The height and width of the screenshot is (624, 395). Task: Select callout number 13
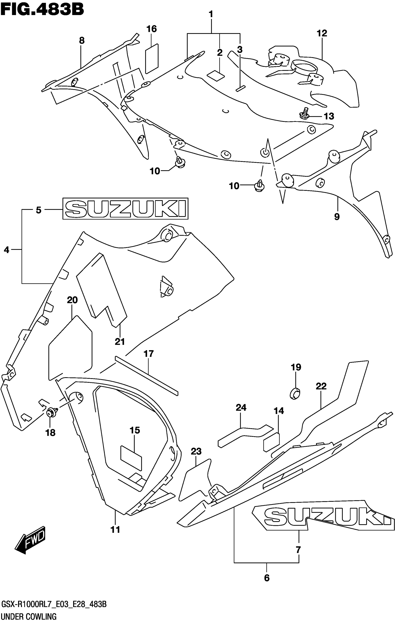(x=329, y=116)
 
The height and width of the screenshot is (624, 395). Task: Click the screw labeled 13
(x=305, y=114)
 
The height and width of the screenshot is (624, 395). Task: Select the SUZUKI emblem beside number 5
(x=125, y=209)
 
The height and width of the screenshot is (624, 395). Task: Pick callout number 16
(x=151, y=29)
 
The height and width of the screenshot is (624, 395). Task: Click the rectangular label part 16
(x=152, y=58)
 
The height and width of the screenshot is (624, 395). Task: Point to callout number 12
(x=322, y=33)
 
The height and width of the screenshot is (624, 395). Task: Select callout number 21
(x=120, y=341)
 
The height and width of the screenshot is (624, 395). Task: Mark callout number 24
(x=241, y=408)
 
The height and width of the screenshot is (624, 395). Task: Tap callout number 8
(x=82, y=40)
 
